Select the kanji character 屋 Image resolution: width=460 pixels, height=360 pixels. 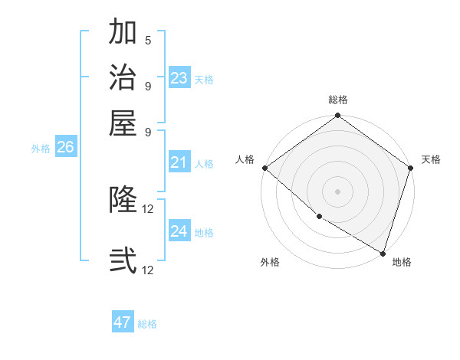pos(123,123)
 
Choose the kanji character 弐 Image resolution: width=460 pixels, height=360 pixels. pos(123,260)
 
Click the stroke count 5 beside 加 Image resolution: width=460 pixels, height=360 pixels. pos(148,41)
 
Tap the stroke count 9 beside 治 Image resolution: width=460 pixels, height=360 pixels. pos(148,86)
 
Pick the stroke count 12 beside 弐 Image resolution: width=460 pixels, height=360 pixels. pos(148,270)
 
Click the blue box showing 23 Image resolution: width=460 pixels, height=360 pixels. pos(179,78)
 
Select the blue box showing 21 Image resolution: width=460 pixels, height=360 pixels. pos(179,162)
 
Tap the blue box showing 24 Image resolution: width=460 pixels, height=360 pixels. pos(179,231)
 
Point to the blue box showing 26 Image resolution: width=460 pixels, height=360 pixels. pos(65,148)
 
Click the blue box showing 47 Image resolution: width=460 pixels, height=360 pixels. pos(123,322)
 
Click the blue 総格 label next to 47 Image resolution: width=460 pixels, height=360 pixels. pos(147,324)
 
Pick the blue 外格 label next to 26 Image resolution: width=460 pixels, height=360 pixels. pos(41,149)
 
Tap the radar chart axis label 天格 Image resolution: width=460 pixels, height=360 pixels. pos(431,159)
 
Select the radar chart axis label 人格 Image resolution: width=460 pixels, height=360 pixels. pos(245,159)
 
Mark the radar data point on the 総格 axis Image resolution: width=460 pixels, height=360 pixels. pos(337,116)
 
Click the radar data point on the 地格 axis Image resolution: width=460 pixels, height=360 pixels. pos(382,252)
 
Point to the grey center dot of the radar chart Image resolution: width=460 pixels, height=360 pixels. pos(337,191)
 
